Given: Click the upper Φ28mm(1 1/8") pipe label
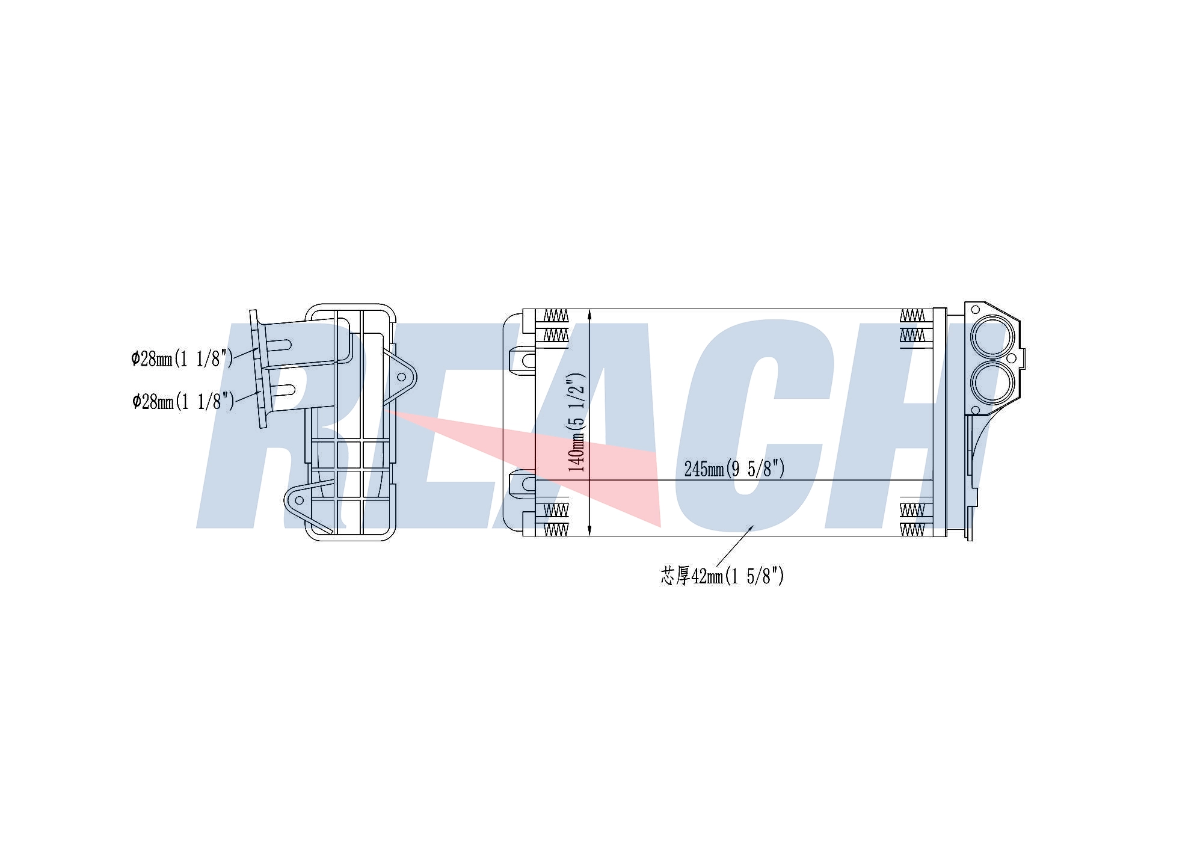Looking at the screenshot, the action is [182, 359].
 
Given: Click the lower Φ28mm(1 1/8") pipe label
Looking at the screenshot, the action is [183, 401].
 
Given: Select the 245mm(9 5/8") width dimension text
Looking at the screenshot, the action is [734, 469].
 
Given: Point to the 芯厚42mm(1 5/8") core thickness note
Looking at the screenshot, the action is [722, 576].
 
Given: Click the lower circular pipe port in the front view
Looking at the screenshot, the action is [992, 382].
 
